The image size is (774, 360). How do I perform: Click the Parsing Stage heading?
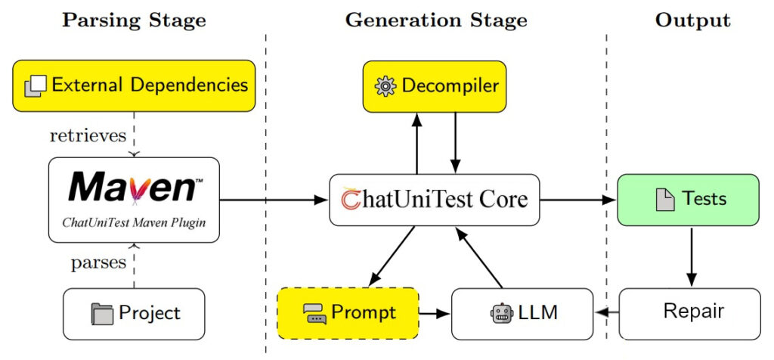(134, 20)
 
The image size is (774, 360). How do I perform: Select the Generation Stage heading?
(436, 20)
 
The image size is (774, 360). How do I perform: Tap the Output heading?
(692, 20)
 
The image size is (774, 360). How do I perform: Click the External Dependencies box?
(134, 85)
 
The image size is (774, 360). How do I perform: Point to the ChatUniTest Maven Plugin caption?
(134, 222)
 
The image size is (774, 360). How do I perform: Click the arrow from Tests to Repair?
(689, 257)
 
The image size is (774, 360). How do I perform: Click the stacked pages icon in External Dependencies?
(35, 86)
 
